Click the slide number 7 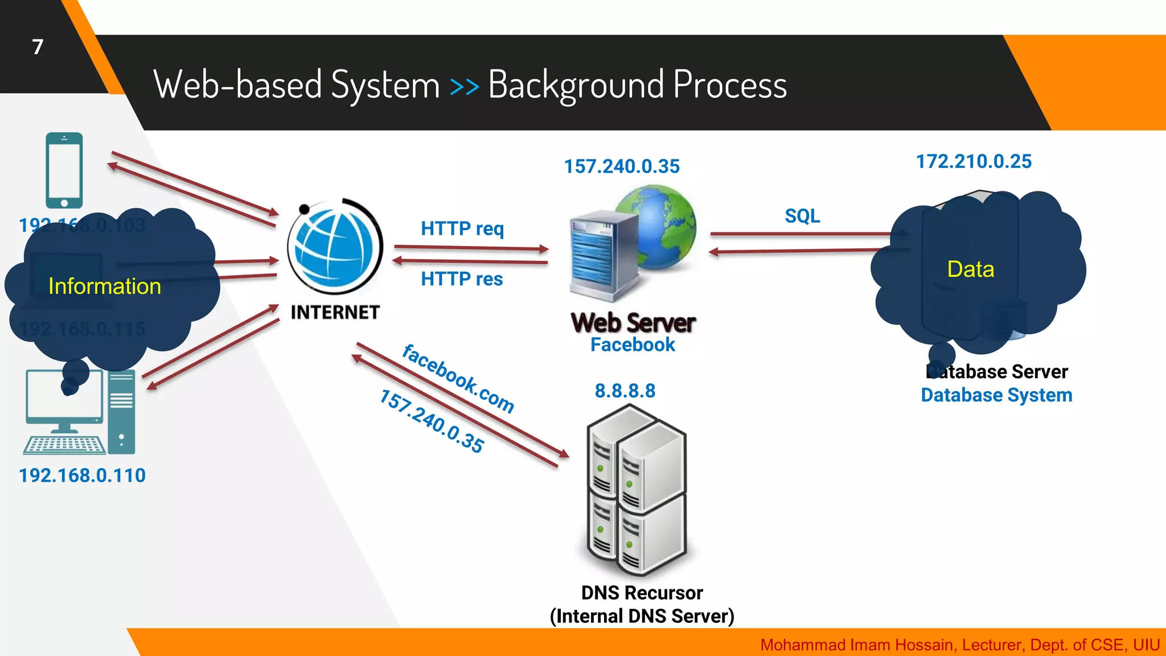click(38, 47)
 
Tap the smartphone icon click(64, 170)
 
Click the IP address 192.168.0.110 click(82, 475)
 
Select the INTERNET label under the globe click(335, 312)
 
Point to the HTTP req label click(462, 228)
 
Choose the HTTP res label click(462, 279)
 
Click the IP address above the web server click(622, 166)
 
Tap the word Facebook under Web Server click(633, 345)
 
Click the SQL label click(802, 216)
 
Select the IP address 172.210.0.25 click(974, 161)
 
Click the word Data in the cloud click(971, 269)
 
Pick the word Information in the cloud click(105, 286)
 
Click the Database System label click(996, 395)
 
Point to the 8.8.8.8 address click(625, 391)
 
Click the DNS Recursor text click(642, 593)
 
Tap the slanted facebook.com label click(458, 378)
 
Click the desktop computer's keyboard click(64, 445)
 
